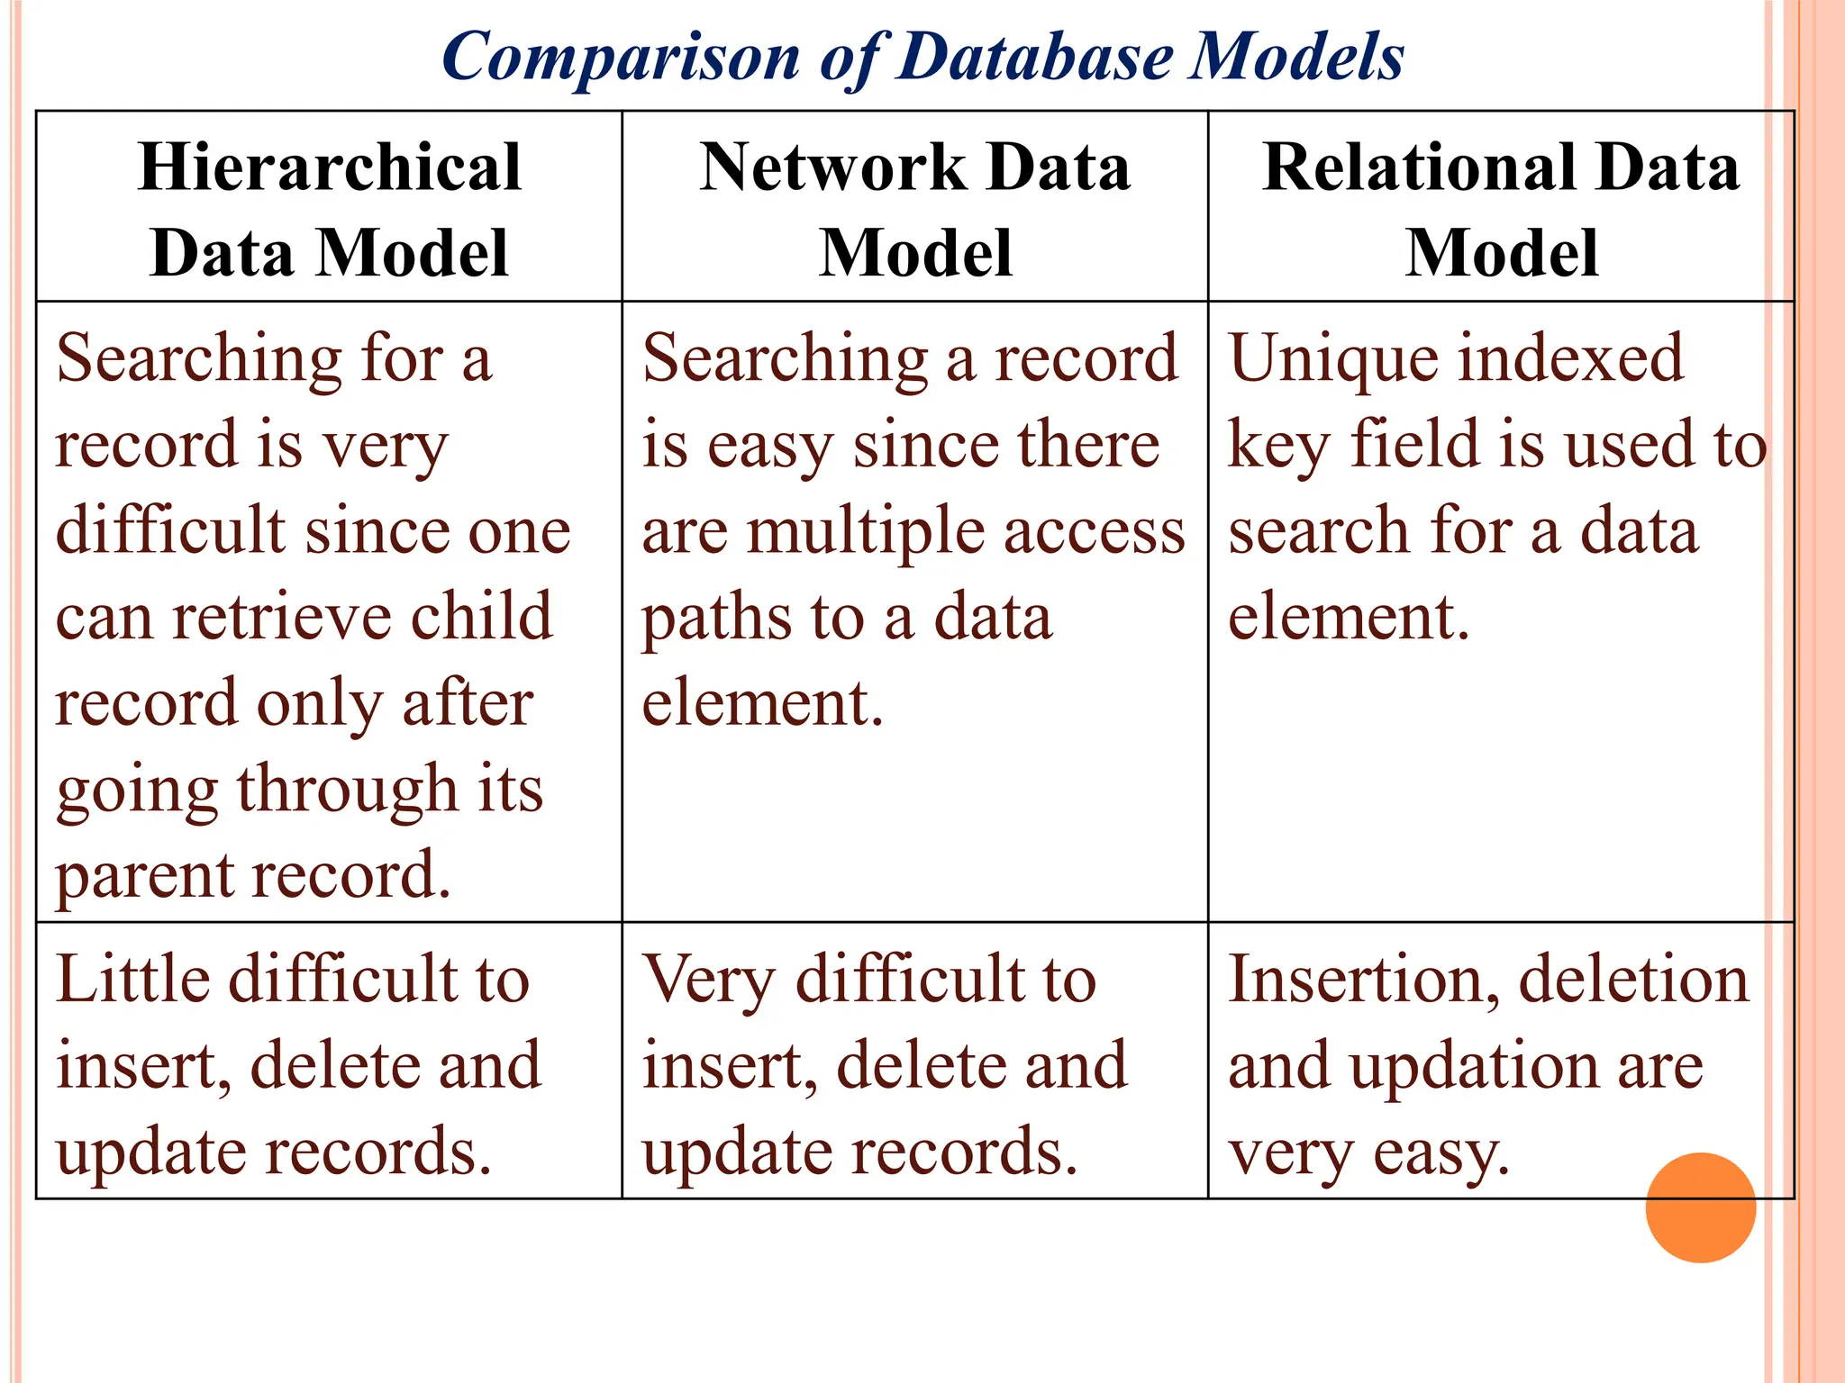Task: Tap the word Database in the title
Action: (1036, 56)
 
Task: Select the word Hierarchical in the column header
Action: (330, 167)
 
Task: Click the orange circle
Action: (1700, 1207)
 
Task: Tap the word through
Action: (347, 791)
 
